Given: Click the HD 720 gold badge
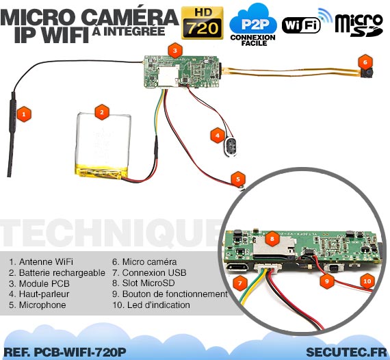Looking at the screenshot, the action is pyautogui.click(x=202, y=23).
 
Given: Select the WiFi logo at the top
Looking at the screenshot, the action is pyautogui.click(x=307, y=22).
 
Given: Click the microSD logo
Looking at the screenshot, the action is pyautogui.click(x=359, y=25).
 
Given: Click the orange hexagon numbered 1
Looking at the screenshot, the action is pyautogui.click(x=24, y=114).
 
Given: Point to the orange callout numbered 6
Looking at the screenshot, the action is pyautogui.click(x=365, y=62).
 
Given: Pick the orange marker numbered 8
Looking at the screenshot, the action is pyautogui.click(x=272, y=239).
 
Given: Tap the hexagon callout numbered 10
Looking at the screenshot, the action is pyautogui.click(x=367, y=281).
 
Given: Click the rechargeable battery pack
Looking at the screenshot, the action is pyautogui.click(x=103, y=146).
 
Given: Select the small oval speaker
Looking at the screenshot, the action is pyautogui.click(x=231, y=147).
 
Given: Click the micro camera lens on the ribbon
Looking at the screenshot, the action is pyautogui.click(x=367, y=73).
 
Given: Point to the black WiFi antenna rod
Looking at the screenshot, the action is pyautogui.click(x=12, y=134).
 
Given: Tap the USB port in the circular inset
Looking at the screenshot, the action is pyautogui.click(x=237, y=268).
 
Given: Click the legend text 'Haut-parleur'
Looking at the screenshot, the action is pyautogui.click(x=39, y=294).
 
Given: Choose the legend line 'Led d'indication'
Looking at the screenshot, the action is pyautogui.click(x=151, y=305).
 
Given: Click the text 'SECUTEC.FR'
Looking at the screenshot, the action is pyautogui.click(x=346, y=352).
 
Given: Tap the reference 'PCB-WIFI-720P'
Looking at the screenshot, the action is pyautogui.click(x=80, y=352).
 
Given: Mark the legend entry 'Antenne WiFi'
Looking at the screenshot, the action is pyautogui.click(x=41, y=261).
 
